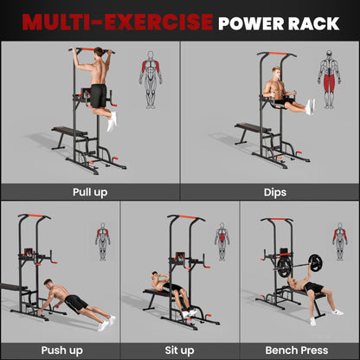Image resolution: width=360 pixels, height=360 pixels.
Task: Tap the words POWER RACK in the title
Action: [x=272, y=20]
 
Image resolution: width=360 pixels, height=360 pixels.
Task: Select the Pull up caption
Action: [x=90, y=192]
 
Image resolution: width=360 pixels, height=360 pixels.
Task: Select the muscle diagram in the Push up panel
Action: [x=103, y=241]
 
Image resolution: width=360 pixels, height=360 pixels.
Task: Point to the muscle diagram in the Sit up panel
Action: [x=222, y=241]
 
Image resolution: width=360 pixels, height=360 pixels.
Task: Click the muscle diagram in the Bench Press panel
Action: [x=340, y=241]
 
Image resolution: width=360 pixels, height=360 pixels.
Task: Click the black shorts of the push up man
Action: [x=76, y=303]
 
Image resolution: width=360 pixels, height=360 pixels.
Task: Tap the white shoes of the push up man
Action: [x=108, y=322]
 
